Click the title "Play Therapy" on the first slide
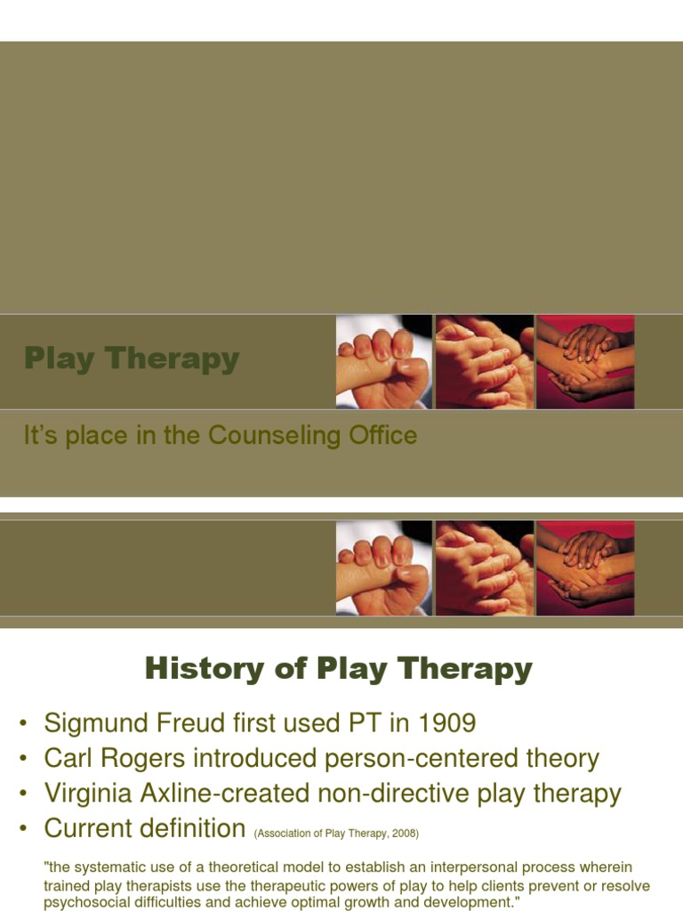click(x=132, y=359)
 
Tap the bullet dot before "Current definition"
click(x=22, y=829)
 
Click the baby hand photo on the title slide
click(x=383, y=361)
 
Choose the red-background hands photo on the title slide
click(x=585, y=361)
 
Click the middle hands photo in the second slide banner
click(x=484, y=568)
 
